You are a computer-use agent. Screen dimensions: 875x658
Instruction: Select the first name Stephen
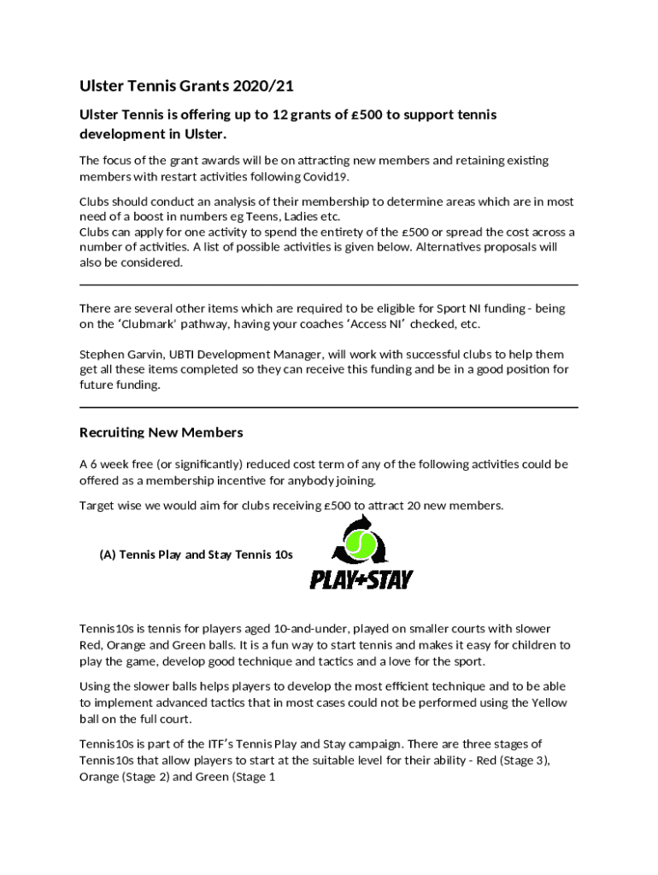click(x=102, y=354)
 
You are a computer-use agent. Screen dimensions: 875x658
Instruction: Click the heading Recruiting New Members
click(x=161, y=432)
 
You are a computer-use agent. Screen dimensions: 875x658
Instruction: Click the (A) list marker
click(x=107, y=555)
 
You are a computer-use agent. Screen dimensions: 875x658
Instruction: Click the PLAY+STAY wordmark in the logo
click(x=361, y=579)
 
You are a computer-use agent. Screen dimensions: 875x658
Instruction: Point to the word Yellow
click(x=548, y=702)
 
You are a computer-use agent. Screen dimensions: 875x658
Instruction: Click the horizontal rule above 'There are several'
click(x=328, y=285)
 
